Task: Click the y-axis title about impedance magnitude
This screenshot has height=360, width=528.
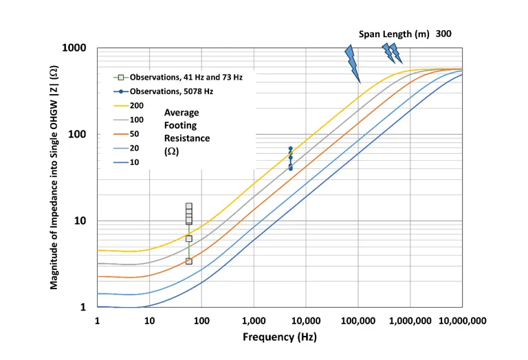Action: pos(54,177)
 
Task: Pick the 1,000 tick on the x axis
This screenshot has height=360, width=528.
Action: pos(253,321)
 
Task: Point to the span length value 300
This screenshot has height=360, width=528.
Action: pos(443,34)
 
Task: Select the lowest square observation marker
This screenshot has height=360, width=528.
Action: pos(189,261)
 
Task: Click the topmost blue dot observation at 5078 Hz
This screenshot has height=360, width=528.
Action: pos(291,148)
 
